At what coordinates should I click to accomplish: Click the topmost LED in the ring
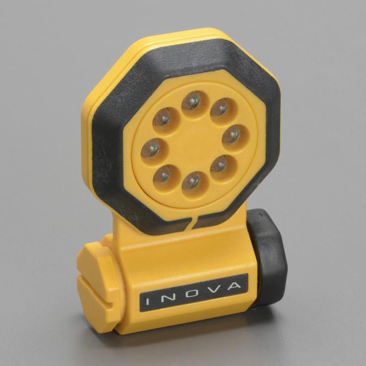click(x=191, y=101)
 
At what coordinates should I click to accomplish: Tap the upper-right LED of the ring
click(x=220, y=108)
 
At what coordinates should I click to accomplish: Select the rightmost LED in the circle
click(x=231, y=135)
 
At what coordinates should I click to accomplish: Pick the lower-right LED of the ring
click(x=219, y=164)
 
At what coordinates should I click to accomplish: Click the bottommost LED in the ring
click(x=191, y=181)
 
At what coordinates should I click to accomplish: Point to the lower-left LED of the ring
click(x=162, y=174)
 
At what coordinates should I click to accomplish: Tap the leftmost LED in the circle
click(x=151, y=148)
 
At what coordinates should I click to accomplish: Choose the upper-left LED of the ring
click(x=162, y=117)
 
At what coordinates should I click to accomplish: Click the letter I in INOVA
click(x=147, y=301)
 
